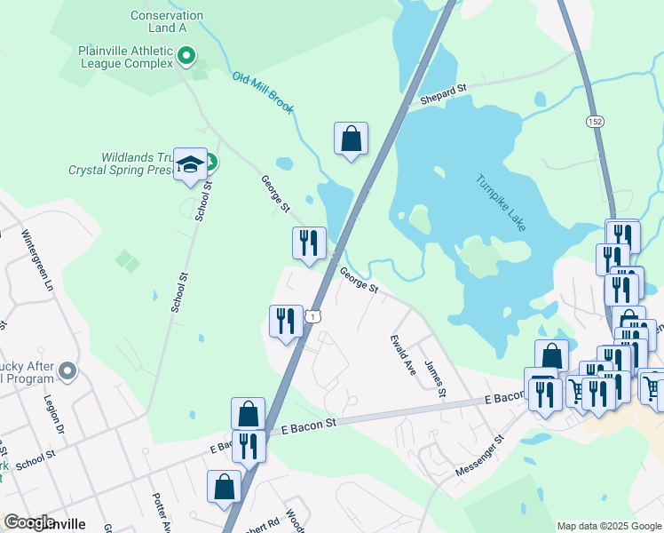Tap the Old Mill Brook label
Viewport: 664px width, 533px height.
(263, 92)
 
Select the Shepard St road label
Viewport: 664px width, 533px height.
(443, 92)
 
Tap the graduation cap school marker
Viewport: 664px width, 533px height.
(190, 164)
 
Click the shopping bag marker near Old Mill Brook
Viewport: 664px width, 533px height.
(351, 139)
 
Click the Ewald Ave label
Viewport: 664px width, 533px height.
(403, 354)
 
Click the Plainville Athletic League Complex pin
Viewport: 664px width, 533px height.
(186, 58)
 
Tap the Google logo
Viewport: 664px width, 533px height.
(30, 522)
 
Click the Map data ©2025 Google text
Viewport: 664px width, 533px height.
(608, 526)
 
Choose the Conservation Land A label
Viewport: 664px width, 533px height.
(166, 21)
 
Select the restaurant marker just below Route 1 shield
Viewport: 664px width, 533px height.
(285, 322)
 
